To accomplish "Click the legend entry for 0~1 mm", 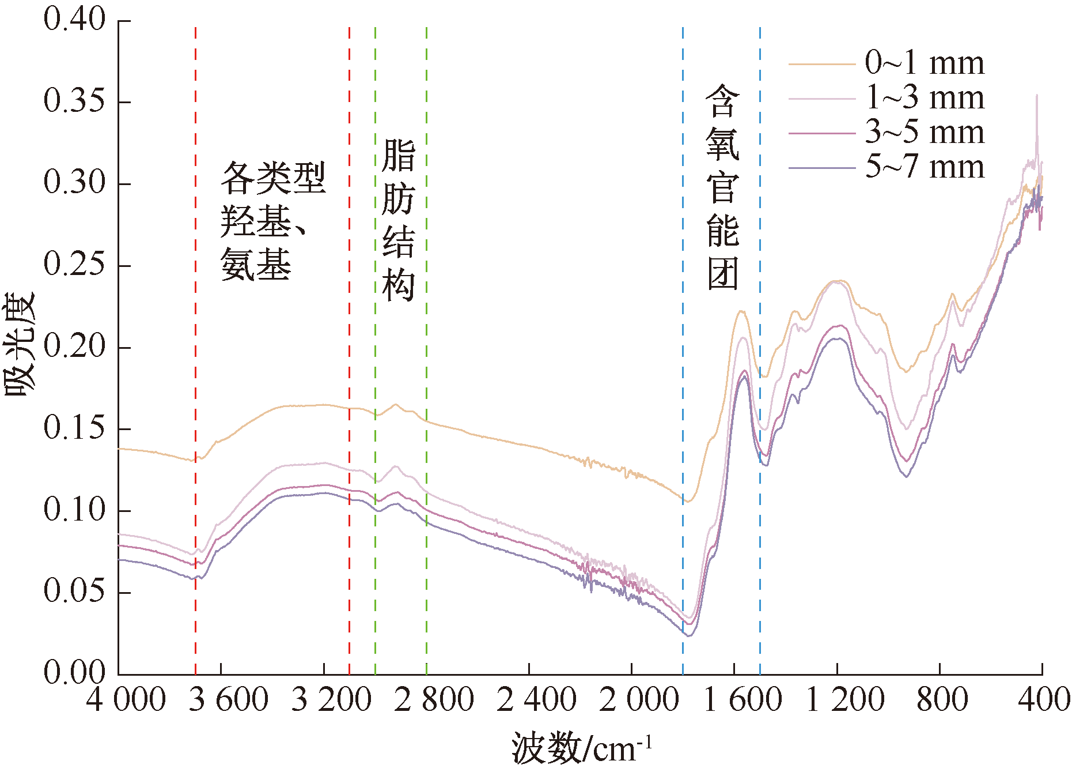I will (924, 63).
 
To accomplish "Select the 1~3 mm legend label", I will (924, 97).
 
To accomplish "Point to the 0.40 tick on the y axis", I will (74, 20).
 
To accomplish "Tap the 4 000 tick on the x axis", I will (126, 699).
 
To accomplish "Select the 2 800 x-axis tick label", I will (434, 699).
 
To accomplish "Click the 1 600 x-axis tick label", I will (742, 699).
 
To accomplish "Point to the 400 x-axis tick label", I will (1043, 699).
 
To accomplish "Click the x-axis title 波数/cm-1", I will (581, 748).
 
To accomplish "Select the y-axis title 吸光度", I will (20, 345).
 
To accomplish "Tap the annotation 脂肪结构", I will (399, 220).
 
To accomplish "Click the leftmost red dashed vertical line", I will (195, 346).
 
